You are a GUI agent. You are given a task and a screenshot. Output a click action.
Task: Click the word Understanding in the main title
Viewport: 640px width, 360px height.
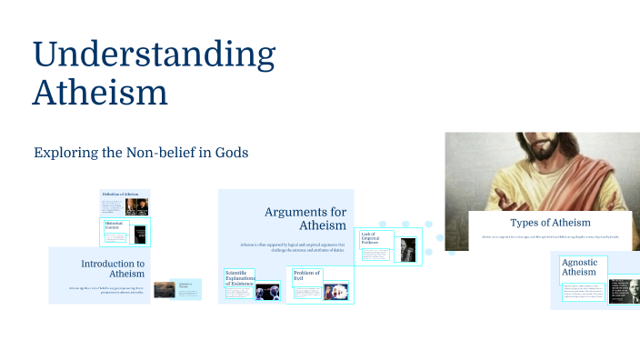point(154,55)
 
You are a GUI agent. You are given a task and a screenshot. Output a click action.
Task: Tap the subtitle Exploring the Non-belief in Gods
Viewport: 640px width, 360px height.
point(141,152)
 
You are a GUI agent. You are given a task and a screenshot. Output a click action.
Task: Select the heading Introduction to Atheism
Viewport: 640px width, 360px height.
point(113,268)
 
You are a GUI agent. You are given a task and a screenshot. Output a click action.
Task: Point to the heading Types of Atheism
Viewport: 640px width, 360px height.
point(550,223)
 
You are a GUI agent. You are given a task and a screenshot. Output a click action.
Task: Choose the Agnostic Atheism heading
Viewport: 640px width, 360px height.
point(579,266)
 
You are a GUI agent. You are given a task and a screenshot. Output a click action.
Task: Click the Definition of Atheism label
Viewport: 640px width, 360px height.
point(119,195)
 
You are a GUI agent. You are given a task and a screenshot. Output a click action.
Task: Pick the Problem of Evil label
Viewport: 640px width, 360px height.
point(307,275)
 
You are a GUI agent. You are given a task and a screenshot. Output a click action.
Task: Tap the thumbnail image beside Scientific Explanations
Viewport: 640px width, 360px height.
point(267,292)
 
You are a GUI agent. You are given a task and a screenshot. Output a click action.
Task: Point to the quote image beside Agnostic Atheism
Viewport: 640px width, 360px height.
point(624,290)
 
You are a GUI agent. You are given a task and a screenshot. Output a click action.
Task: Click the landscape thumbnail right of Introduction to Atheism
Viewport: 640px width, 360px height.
point(165,289)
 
